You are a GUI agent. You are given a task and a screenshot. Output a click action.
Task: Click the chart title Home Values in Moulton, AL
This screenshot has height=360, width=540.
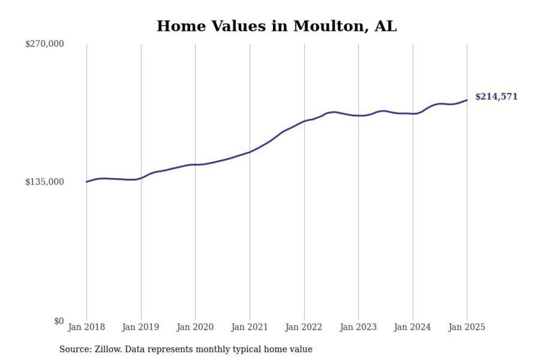pyautogui.click(x=276, y=26)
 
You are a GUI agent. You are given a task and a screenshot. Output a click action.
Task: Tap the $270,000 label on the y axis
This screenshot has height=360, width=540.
pyautogui.click(x=45, y=44)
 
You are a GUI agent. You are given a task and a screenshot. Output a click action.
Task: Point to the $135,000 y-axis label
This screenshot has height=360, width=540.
pyautogui.click(x=45, y=182)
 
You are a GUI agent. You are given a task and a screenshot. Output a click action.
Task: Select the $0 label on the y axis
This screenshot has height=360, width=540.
pyautogui.click(x=59, y=321)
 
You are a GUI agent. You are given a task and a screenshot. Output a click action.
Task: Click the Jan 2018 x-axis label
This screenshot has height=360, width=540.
pyautogui.click(x=86, y=327)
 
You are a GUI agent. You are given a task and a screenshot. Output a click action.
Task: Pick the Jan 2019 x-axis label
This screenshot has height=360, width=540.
pyautogui.click(x=141, y=327)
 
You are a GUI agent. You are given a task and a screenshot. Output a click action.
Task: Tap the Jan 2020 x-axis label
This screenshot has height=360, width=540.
pyautogui.click(x=195, y=327)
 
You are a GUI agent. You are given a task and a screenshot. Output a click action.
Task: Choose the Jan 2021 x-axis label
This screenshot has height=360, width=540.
pyautogui.click(x=250, y=327)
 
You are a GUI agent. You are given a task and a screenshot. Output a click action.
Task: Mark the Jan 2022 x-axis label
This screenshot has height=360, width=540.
pyautogui.click(x=304, y=327)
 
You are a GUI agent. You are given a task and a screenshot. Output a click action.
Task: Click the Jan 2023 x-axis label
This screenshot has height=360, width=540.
pyautogui.click(x=359, y=327)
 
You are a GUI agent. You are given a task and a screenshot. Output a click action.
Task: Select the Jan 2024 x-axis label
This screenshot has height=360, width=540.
pyautogui.click(x=413, y=327)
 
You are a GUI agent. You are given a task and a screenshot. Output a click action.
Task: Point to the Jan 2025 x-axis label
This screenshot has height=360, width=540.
pyautogui.click(x=467, y=327)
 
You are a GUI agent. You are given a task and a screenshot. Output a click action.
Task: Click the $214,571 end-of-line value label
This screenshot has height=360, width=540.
pyautogui.click(x=496, y=97)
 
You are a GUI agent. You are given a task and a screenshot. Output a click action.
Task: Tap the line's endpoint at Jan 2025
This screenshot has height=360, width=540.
pyautogui.click(x=467, y=100)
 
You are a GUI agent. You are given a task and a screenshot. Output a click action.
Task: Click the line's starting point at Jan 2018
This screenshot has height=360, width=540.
pyautogui.click(x=86, y=182)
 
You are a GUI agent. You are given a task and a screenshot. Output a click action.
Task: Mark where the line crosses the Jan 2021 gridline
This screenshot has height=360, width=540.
pyautogui.click(x=250, y=152)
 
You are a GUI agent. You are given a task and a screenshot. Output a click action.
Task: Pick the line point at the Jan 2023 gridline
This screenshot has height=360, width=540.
pyautogui.click(x=359, y=116)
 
